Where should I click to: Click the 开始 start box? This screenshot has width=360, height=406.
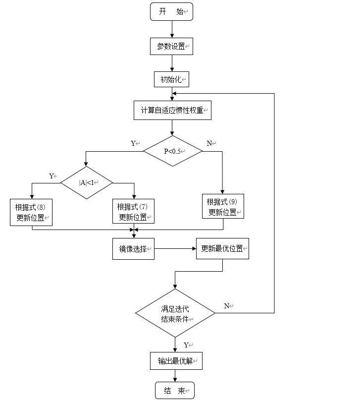click(x=171, y=12)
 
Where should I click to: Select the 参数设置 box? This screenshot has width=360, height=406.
click(x=171, y=46)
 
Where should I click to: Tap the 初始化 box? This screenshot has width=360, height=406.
click(x=172, y=79)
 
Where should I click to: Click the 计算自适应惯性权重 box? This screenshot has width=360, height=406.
click(x=172, y=110)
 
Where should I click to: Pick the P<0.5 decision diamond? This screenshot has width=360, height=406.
click(x=173, y=151)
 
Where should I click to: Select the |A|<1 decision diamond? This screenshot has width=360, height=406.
click(x=87, y=182)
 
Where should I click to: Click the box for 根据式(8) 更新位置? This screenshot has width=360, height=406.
click(x=32, y=212)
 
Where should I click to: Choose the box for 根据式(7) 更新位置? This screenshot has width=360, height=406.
click(x=134, y=212)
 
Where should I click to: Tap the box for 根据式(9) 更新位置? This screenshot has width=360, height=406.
click(x=223, y=207)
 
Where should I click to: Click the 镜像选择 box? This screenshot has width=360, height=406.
click(x=133, y=249)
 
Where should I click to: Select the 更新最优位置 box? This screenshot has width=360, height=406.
click(x=222, y=249)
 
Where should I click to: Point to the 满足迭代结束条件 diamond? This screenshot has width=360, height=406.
click(x=175, y=313)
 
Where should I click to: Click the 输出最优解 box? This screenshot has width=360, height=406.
click(x=176, y=361)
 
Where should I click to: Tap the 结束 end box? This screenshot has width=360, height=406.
click(x=175, y=391)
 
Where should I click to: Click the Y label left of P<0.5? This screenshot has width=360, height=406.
click(x=134, y=143)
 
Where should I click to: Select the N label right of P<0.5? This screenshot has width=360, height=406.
click(x=209, y=143)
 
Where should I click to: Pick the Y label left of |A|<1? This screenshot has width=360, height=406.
click(x=51, y=176)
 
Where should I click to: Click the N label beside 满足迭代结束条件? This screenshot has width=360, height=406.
click(x=227, y=306)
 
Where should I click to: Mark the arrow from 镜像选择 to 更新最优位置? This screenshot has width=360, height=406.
click(x=175, y=249)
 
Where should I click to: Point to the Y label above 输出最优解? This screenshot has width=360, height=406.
click(x=187, y=345)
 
